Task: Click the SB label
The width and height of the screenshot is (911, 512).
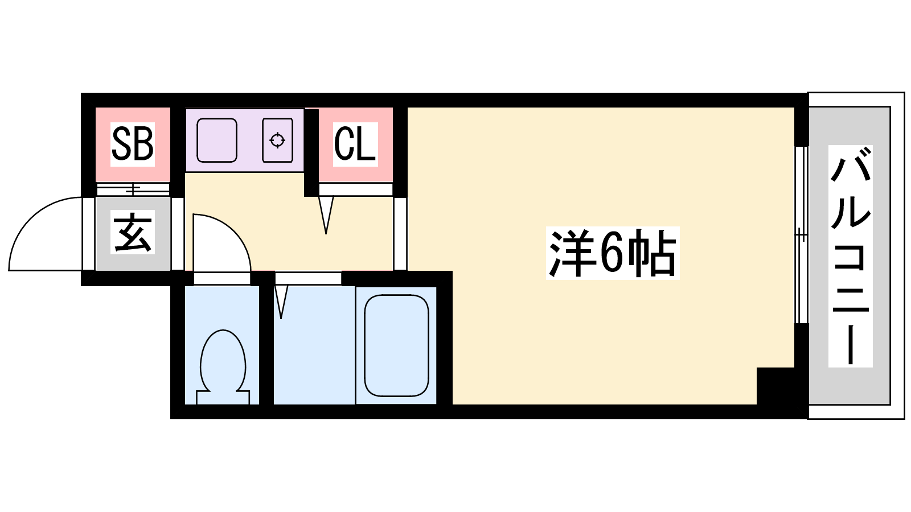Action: pos(133,144)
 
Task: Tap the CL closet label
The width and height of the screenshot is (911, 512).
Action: pos(355,144)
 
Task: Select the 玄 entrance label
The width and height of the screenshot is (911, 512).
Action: pos(133,232)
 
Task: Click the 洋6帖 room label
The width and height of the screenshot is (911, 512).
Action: pos(613,253)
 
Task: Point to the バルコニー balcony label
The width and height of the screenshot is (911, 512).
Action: pos(851,256)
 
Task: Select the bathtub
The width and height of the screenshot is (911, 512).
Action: pos(396,345)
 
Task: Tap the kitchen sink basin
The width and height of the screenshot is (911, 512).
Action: pos(217,140)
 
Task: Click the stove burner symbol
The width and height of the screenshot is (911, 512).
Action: pos(277,140)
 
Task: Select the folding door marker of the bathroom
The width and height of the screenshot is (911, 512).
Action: pos(281,302)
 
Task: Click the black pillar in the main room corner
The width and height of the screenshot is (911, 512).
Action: pos(775,386)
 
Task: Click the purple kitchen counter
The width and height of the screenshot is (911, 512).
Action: pos(245,140)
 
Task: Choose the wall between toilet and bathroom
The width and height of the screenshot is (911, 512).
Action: pos(266,345)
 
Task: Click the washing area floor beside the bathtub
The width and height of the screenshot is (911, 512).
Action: pos(314,345)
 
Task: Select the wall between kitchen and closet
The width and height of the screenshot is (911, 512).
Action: pos(311,152)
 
